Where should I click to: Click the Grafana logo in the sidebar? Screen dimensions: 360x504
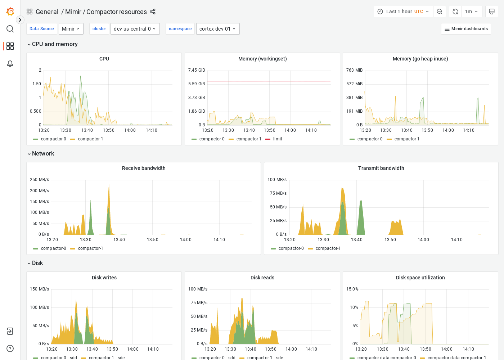pos(10,12)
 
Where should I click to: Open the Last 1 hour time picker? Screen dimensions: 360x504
pos(403,12)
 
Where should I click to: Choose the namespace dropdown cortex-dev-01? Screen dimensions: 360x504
pos(217,29)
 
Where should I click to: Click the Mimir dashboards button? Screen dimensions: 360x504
pos(466,29)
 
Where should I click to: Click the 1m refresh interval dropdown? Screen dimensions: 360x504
pos(471,12)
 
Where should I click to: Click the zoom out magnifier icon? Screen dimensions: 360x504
pos(440,12)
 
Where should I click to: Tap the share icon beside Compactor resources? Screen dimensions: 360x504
pos(153,12)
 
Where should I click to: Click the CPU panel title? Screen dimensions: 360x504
pos(104,59)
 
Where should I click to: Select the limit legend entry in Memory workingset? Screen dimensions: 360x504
pos(277,139)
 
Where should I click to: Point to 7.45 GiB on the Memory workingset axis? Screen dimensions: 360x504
pos(196,70)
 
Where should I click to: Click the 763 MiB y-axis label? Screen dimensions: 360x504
pos(354,70)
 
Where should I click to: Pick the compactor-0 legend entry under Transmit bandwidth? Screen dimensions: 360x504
pos(291,248)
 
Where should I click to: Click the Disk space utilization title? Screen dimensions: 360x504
pos(420,278)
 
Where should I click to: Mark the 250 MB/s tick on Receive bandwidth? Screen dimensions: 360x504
pos(39,180)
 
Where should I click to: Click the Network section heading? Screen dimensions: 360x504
pos(43,153)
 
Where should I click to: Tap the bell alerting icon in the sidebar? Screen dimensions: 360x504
pos(10,63)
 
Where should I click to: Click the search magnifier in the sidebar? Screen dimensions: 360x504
pos(10,29)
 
